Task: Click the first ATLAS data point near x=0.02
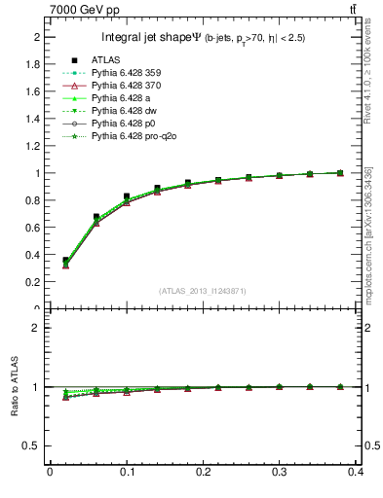[65, 261]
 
